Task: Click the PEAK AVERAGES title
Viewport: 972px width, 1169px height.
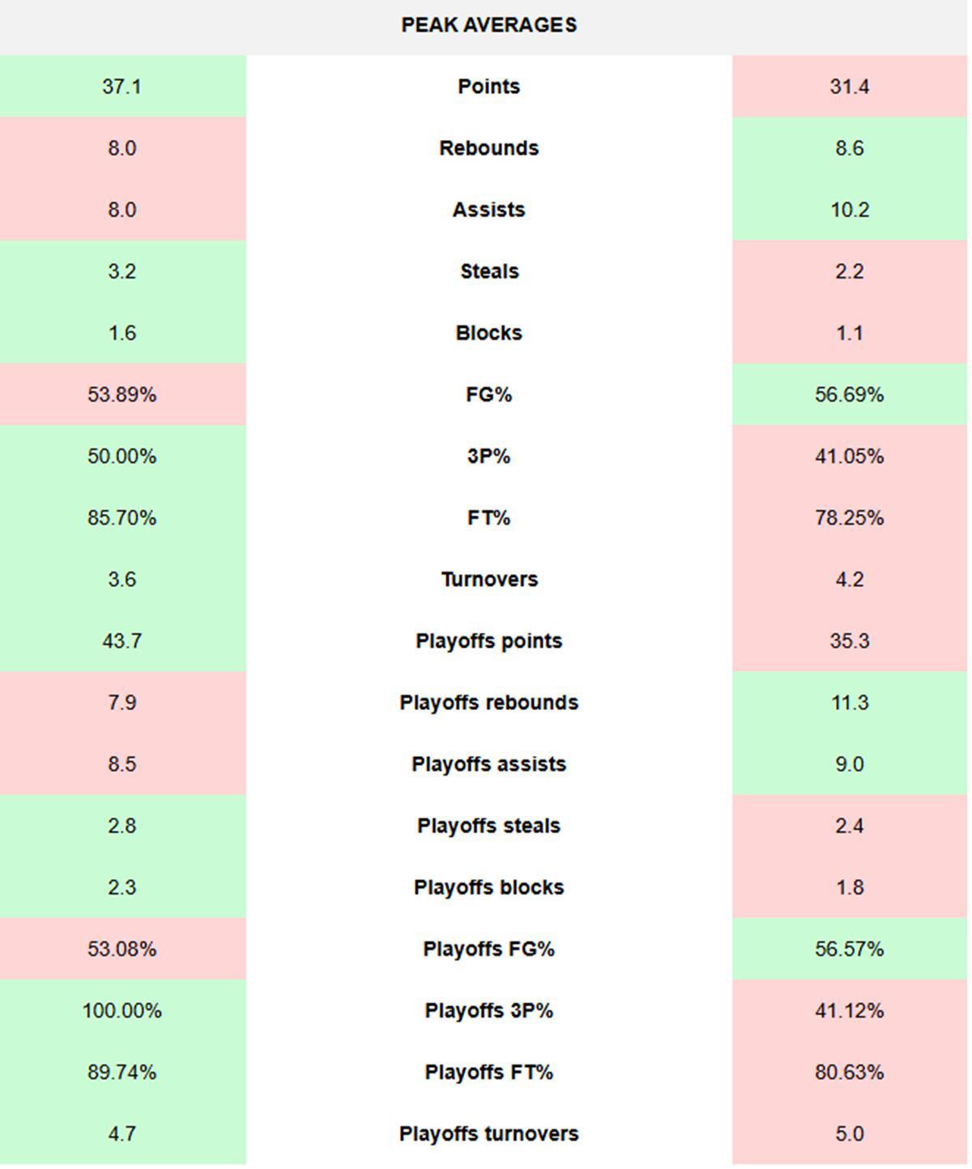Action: tap(488, 25)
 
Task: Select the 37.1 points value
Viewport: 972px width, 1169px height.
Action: tap(122, 87)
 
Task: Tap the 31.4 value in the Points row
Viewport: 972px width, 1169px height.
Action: tap(849, 87)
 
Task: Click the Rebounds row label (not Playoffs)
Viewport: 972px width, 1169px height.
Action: tap(488, 148)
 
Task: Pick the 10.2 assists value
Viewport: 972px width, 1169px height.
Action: tap(849, 210)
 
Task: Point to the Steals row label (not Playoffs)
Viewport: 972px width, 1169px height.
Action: tap(488, 271)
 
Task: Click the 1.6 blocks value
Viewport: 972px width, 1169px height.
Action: tap(122, 333)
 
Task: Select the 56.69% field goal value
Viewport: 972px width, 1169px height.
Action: tap(849, 394)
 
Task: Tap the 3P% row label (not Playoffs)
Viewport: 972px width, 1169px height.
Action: tap(488, 456)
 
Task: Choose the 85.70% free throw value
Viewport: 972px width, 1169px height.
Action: tap(122, 517)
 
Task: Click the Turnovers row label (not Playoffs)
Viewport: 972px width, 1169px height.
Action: tap(488, 580)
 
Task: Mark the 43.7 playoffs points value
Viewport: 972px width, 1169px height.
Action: tap(122, 641)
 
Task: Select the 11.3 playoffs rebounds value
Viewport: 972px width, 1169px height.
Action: tap(849, 703)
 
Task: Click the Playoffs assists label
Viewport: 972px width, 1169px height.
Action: tap(488, 764)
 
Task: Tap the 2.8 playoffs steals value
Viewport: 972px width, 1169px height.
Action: tap(122, 826)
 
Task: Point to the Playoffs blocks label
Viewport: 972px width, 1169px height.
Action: tap(488, 887)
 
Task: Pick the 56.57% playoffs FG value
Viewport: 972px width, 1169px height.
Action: tap(849, 949)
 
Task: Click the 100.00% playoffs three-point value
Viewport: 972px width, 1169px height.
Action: tap(122, 1010)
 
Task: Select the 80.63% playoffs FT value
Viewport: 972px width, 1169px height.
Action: tap(849, 1072)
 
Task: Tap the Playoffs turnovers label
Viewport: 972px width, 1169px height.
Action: tap(488, 1133)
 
